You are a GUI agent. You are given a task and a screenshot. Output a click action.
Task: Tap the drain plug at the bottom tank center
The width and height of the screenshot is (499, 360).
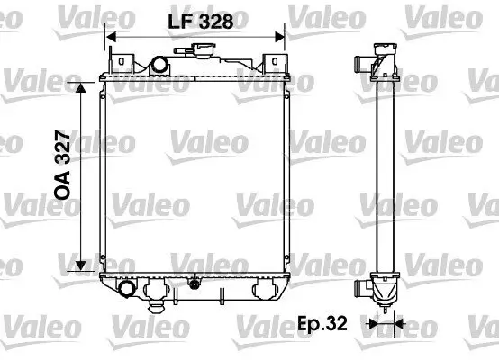coord(193,286)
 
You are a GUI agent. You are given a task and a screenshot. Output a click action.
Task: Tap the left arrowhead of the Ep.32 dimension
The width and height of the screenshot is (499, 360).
coord(371,320)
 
